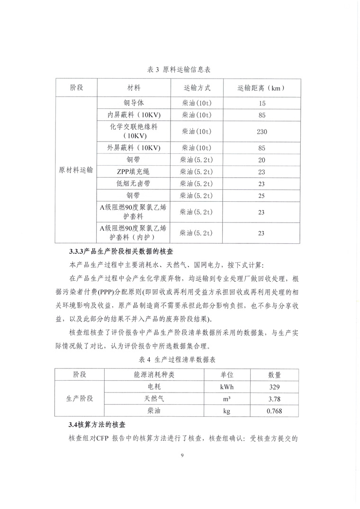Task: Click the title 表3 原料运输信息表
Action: pyautogui.click(x=179, y=70)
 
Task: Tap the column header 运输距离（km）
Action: pyautogui.click(x=261, y=89)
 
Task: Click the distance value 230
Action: pyautogui.click(x=261, y=132)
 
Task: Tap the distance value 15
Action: pyautogui.click(x=261, y=103)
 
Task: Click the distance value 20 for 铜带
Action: pyautogui.click(x=261, y=160)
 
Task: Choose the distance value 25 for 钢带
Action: pyautogui.click(x=261, y=196)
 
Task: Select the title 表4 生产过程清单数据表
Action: pyautogui.click(x=180, y=360)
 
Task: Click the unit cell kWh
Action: pyautogui.click(x=226, y=387)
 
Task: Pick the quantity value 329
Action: pyautogui.click(x=274, y=387)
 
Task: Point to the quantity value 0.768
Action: pyautogui.click(x=274, y=411)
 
